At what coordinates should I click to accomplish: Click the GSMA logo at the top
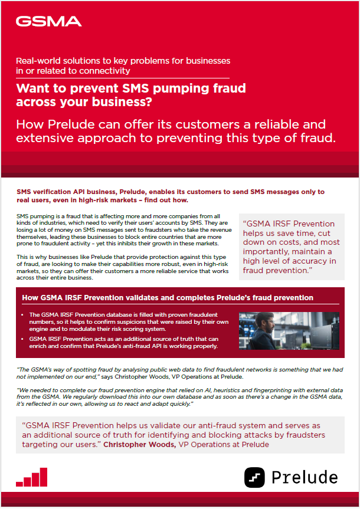point(48,22)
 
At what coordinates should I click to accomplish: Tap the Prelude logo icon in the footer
point(255,477)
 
